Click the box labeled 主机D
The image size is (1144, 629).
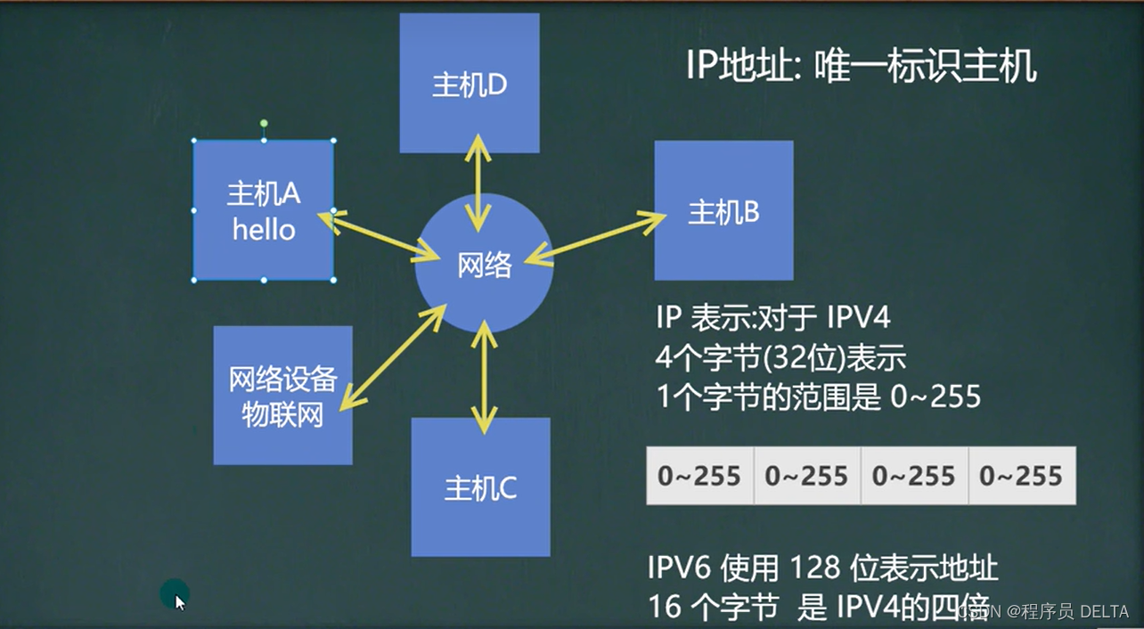[x=469, y=84]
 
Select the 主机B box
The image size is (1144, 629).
[x=723, y=211]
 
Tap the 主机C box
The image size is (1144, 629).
[x=480, y=487]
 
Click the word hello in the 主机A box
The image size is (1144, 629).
[x=264, y=230]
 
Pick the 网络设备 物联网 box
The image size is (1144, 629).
[x=282, y=395]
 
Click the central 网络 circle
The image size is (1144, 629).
[x=485, y=265]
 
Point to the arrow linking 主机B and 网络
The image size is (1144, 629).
[x=595, y=238]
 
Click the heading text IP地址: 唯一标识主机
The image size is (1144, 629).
[x=861, y=66]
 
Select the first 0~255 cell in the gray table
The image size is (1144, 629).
[x=699, y=476]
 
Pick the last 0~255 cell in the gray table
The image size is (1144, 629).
[x=1021, y=476]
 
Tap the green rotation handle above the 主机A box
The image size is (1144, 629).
[x=264, y=124]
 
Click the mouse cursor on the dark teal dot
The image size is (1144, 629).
[x=179, y=601]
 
